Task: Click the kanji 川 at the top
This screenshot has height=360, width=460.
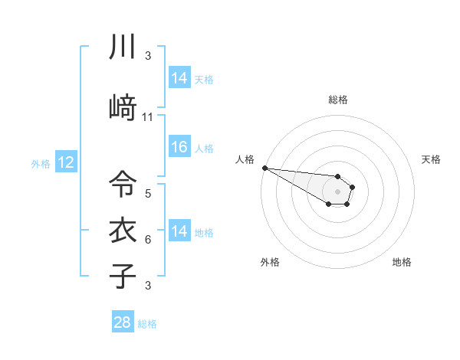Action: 122,47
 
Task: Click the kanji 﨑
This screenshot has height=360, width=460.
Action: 122,108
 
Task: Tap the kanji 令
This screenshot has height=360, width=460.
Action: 122,184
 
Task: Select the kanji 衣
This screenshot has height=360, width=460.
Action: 122,231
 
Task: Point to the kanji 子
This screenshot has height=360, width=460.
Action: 122,277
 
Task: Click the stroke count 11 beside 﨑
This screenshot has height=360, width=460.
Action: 148,117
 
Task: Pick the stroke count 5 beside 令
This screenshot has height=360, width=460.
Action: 148,194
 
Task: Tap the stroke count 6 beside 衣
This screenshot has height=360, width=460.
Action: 148,240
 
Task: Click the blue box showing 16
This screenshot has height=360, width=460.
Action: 179,147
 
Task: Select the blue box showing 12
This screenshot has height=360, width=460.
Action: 65,162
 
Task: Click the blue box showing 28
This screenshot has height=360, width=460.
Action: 122,322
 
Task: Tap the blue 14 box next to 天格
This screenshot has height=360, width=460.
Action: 179,78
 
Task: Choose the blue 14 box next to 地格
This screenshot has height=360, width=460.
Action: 179,231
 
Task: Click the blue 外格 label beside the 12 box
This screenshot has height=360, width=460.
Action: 41,163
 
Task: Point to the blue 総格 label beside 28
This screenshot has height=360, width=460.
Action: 147,324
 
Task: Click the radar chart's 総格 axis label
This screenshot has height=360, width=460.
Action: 338,100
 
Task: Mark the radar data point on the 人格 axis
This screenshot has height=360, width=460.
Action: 264,168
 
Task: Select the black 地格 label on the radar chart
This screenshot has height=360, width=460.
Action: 402,262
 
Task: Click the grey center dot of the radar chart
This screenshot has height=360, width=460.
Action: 337,191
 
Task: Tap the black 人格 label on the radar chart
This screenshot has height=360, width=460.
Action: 245,159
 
